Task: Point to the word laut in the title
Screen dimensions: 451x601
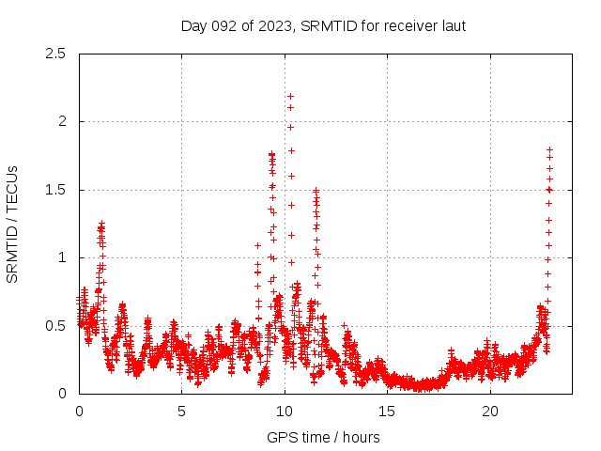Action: tap(451, 25)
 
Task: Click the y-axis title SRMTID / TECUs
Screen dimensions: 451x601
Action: tap(13, 224)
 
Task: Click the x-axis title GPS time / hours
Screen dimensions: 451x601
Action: tap(323, 437)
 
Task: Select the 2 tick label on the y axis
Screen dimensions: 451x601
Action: tap(62, 121)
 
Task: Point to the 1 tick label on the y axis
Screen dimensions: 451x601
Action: tap(62, 257)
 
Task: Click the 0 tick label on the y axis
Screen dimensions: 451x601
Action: tap(62, 394)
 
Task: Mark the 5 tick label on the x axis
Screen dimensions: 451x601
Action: tap(181, 411)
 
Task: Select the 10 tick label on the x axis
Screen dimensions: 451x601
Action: tap(285, 411)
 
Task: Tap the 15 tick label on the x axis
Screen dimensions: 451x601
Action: tap(387, 411)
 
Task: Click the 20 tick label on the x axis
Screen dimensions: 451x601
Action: tap(490, 411)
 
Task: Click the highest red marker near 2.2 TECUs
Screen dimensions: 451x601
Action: tap(290, 96)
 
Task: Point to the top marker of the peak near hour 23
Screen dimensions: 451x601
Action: tap(550, 149)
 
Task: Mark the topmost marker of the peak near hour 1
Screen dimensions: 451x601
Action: tap(101, 223)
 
